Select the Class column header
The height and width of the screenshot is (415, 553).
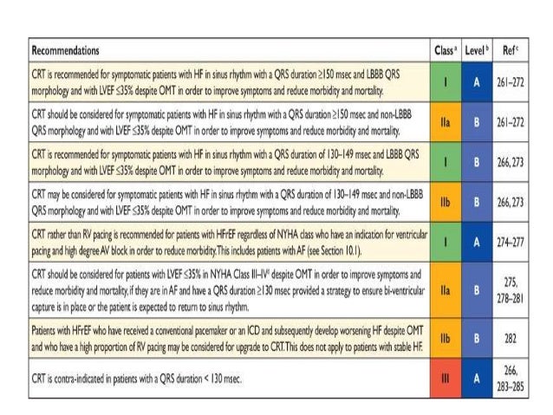click(445, 51)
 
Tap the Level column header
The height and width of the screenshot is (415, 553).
click(482, 51)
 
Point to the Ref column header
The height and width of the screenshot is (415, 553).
click(521, 51)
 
